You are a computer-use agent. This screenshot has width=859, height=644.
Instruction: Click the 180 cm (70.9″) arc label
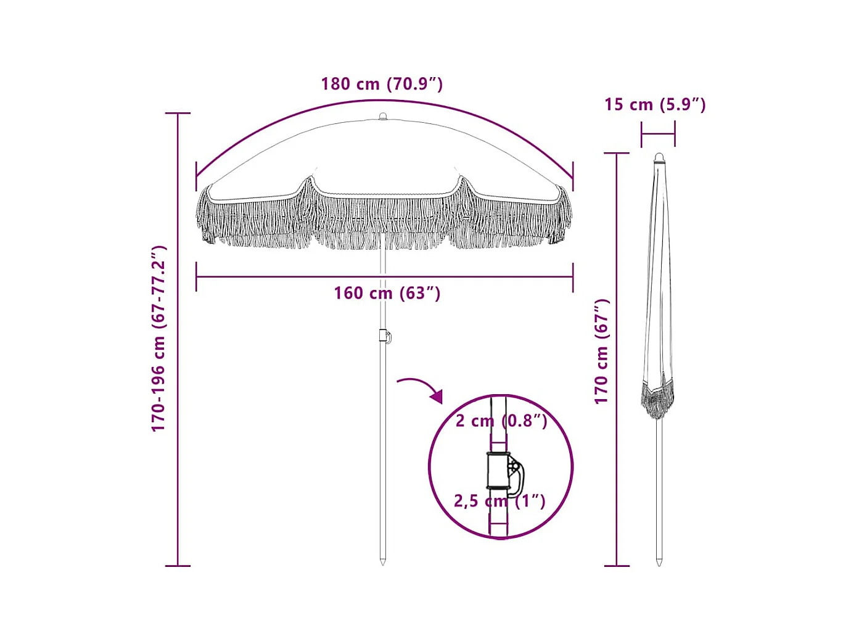pyautogui.click(x=382, y=84)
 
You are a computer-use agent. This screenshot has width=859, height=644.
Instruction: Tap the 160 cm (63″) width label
pyautogui.click(x=387, y=293)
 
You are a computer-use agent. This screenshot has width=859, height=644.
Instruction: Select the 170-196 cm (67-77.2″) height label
pyautogui.click(x=159, y=339)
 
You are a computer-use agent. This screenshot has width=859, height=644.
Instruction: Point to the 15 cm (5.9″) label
pyautogui.click(x=655, y=104)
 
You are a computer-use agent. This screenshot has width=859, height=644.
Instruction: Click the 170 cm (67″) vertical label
pyautogui.click(x=602, y=352)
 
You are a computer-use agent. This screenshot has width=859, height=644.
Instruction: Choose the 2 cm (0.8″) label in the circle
pyautogui.click(x=501, y=421)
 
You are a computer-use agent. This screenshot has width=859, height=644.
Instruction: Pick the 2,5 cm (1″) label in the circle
pyautogui.click(x=499, y=500)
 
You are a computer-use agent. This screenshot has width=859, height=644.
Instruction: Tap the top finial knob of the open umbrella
pyautogui.click(x=383, y=116)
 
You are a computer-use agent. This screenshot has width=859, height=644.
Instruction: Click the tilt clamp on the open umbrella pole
pyautogui.click(x=385, y=336)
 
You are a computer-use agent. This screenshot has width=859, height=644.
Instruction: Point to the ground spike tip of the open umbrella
pyautogui.click(x=383, y=561)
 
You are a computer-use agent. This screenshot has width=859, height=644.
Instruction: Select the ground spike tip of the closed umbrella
pyautogui.click(x=659, y=562)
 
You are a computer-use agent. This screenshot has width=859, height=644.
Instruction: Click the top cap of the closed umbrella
pyautogui.click(x=659, y=157)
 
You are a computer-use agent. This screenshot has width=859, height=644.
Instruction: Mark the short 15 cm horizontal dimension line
pyautogui.click(x=658, y=133)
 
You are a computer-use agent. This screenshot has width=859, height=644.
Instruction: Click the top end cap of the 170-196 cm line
pyautogui.click(x=178, y=114)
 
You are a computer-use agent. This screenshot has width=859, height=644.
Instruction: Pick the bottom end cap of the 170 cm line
pyautogui.click(x=617, y=565)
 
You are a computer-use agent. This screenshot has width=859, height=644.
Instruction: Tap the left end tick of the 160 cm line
pyautogui.click(x=196, y=276)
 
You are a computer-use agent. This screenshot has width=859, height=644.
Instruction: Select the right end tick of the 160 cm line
pyautogui.click(x=573, y=276)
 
